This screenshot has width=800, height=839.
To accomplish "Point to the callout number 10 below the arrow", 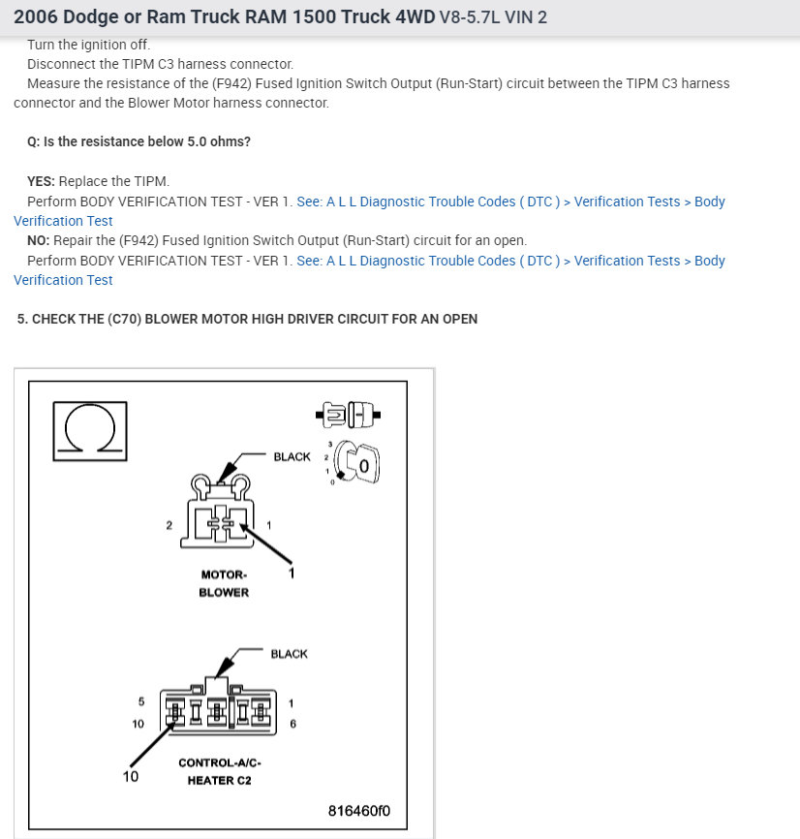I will coord(131,776).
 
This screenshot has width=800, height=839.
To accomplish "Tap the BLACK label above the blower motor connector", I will coord(292,456).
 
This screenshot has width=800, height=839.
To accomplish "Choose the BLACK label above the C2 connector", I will coord(289,654).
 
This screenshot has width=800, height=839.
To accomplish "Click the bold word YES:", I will coord(42,182).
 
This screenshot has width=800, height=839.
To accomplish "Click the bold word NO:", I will coord(39,240).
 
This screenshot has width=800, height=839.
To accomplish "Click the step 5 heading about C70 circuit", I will coord(247,319).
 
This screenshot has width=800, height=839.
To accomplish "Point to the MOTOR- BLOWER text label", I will coord(224,583).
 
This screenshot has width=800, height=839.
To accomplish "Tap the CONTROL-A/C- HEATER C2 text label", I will coord(219,771).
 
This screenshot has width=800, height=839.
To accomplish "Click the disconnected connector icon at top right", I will coord(348,416).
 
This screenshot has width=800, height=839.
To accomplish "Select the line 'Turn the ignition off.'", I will coord(89,45).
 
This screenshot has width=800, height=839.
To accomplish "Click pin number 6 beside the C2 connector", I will coord(292,724).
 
